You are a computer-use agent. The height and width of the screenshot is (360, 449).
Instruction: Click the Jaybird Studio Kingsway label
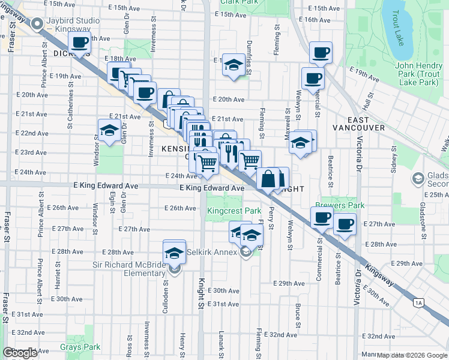(75, 25)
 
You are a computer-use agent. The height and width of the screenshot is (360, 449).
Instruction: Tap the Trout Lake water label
(399, 29)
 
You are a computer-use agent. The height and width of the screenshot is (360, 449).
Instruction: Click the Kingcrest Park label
(234, 211)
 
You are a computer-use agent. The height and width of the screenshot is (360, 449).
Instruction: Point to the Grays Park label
(80, 347)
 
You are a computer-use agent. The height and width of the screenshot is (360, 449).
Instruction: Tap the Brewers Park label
(343, 205)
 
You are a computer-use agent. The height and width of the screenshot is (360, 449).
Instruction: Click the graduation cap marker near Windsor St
(109, 130)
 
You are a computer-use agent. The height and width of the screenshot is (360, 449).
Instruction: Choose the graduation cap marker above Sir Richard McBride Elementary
(174, 253)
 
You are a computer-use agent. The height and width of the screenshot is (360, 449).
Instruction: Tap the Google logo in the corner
(20, 353)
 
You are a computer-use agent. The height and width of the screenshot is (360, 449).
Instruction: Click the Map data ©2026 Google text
(412, 355)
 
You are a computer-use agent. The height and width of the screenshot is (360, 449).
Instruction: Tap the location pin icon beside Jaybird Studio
(37, 25)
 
